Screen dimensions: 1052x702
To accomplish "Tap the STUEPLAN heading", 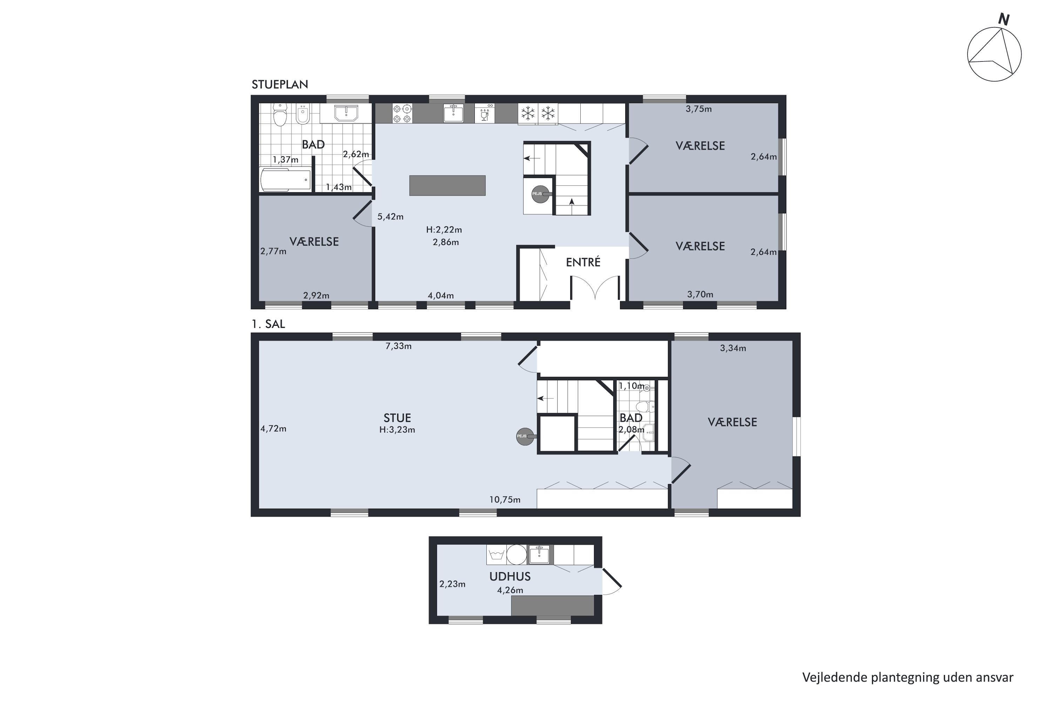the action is pyautogui.click(x=280, y=85).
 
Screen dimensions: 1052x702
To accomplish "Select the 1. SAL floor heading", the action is pyautogui.click(x=268, y=324).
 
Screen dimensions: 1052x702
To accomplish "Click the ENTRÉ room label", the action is pyautogui.click(x=583, y=262).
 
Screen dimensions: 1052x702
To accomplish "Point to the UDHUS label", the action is pyautogui.click(x=510, y=577).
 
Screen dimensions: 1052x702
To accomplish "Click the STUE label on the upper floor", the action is pyautogui.click(x=397, y=418).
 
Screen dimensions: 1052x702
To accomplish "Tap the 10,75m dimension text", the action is pyautogui.click(x=505, y=499).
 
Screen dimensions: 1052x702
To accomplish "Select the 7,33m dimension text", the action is pyautogui.click(x=398, y=346).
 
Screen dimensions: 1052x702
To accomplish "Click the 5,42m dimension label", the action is pyautogui.click(x=391, y=217).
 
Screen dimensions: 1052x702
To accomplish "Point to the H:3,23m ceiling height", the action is pyautogui.click(x=397, y=430).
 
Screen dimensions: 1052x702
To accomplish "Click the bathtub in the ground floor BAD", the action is pyautogui.click(x=286, y=179).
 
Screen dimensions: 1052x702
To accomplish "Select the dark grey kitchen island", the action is pyautogui.click(x=447, y=185).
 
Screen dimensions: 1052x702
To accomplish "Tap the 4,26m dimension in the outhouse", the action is pyautogui.click(x=510, y=590).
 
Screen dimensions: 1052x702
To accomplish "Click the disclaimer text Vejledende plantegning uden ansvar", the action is pyautogui.click(x=908, y=678).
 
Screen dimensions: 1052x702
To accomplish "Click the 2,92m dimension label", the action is pyautogui.click(x=316, y=296).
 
